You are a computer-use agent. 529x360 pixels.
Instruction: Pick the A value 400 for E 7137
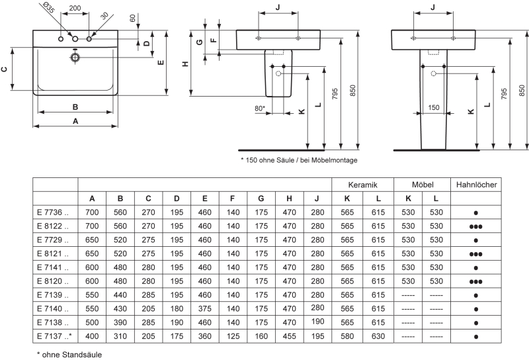[x=92, y=336]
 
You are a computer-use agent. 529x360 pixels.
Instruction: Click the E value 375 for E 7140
[x=205, y=308]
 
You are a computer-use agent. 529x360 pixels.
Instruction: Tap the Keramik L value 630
[x=378, y=336]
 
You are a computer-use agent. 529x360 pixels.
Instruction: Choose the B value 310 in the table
[x=120, y=336]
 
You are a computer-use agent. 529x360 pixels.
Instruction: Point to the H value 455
[x=289, y=336]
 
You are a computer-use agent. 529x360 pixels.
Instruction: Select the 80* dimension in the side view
[x=260, y=108]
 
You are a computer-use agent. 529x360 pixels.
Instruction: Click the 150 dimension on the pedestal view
[x=433, y=107]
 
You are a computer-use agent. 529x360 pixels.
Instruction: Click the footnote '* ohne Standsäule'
[x=69, y=355]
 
